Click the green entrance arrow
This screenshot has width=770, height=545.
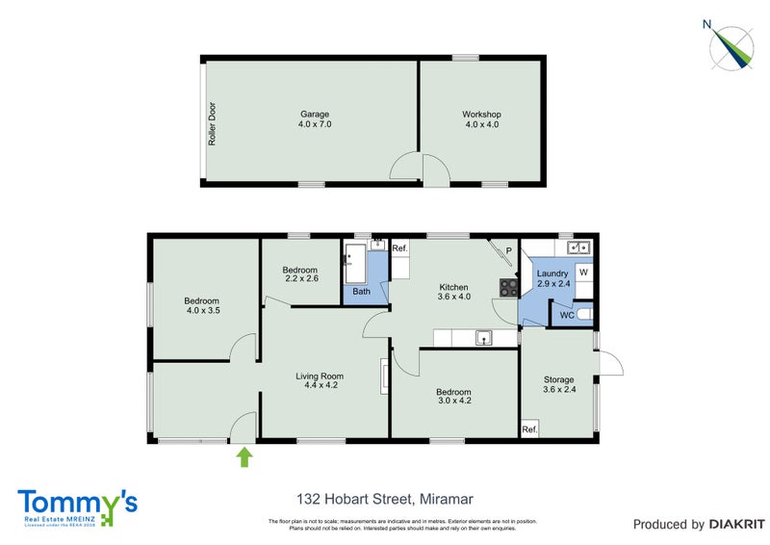pos(244,456)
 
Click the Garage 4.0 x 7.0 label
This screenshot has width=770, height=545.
pos(309,118)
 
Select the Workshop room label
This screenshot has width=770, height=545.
pos(482,118)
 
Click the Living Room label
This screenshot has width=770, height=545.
pos(318,380)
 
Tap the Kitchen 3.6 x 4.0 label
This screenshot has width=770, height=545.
pos(453,292)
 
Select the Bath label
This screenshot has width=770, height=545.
pos(361,291)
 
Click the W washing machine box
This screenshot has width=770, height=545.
pos(583,272)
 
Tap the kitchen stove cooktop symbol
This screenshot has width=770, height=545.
pos(507,286)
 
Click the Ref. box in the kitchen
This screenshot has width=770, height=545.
pos(400,248)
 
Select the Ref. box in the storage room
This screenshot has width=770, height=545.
pos(529,429)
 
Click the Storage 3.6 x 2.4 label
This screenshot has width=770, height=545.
pos(558,385)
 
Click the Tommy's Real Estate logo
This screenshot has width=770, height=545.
pos(77,506)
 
